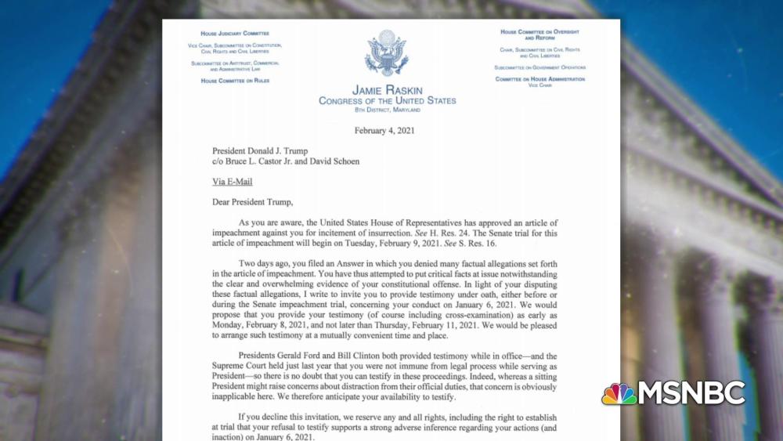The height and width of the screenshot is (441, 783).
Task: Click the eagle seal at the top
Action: (x=387, y=52)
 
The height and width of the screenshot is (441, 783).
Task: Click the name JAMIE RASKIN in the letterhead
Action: (x=387, y=89)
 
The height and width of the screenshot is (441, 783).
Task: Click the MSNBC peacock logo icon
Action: (x=619, y=394)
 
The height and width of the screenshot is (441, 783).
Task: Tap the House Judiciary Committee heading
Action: (x=235, y=34)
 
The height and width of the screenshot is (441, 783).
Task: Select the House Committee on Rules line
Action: (x=235, y=81)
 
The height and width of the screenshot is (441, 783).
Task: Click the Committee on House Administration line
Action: (x=539, y=79)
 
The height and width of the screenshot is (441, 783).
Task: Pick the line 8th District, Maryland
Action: (x=387, y=110)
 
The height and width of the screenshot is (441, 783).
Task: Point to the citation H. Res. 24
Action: (x=437, y=233)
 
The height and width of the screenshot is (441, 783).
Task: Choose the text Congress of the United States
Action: (x=387, y=100)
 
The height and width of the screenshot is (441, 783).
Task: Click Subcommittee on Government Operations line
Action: (x=539, y=67)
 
